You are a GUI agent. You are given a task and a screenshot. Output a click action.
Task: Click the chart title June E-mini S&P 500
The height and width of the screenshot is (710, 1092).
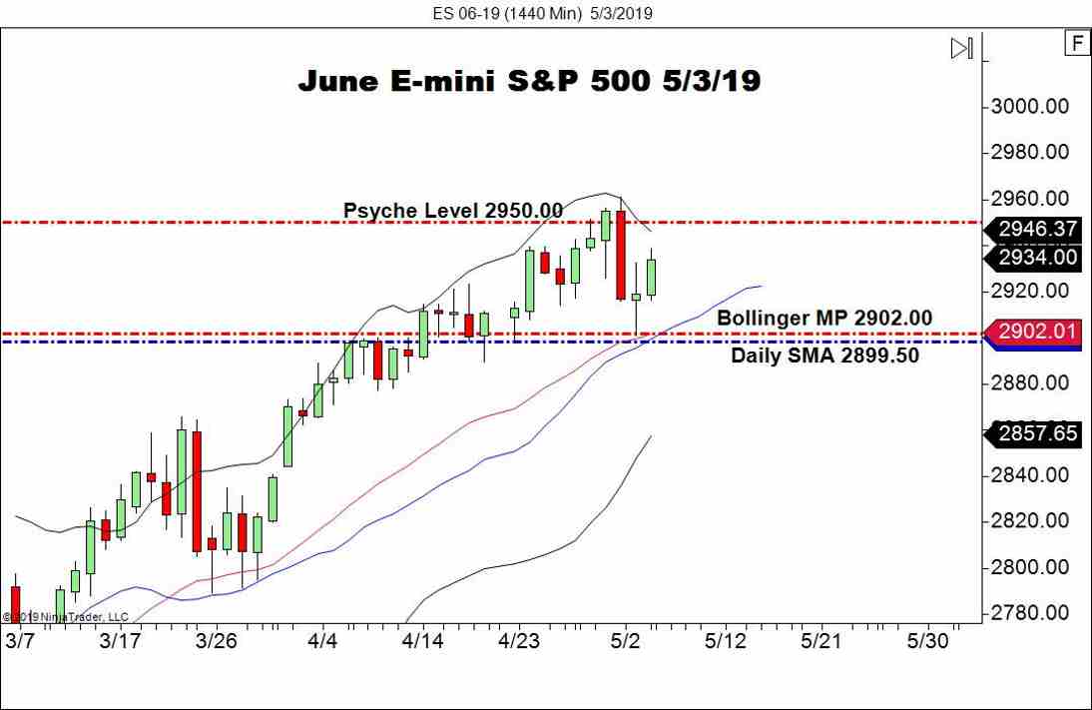coord(529,81)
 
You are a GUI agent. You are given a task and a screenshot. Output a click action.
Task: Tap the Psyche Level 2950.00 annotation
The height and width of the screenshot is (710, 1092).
coord(452,211)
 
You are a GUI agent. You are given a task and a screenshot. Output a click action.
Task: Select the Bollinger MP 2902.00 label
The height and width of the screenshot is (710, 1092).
coord(824,318)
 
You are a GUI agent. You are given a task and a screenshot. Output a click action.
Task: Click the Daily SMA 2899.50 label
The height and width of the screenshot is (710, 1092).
coord(824,355)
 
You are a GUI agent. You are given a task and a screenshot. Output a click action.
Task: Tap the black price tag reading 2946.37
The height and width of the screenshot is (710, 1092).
coord(1037,230)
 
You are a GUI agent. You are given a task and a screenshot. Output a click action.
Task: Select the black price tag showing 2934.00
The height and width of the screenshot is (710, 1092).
coord(1037,258)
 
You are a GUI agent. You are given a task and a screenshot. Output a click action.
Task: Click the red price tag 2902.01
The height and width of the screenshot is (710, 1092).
coord(1037,333)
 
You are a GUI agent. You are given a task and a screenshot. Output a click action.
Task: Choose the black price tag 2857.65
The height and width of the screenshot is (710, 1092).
coord(1037,433)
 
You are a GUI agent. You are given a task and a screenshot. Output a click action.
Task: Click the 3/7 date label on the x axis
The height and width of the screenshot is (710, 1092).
coord(20,639)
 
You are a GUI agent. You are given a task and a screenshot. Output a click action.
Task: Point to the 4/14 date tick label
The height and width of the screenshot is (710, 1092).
coord(421,639)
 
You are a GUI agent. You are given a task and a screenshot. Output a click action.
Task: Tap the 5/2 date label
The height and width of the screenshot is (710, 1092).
coord(626,639)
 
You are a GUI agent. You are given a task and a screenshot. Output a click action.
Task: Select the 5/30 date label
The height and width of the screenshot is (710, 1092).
coord(927,639)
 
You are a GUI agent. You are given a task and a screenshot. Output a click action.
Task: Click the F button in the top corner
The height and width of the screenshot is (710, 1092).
coord(1077,44)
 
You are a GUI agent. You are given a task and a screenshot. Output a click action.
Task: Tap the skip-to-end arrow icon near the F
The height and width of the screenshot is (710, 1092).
coord(961,48)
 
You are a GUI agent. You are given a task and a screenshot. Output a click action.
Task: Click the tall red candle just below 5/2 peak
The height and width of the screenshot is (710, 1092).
coord(621,255)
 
